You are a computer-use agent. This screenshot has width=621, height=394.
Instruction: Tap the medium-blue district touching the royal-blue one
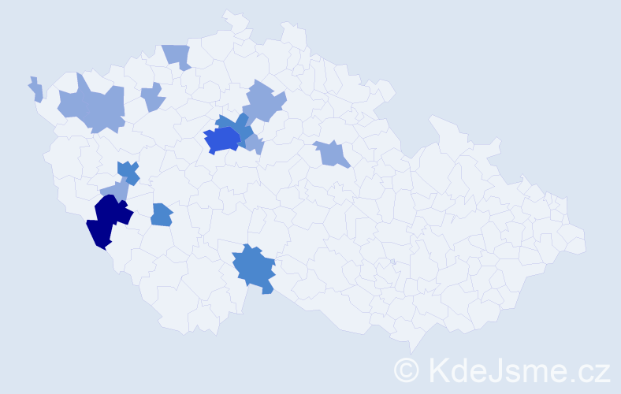click(240, 126)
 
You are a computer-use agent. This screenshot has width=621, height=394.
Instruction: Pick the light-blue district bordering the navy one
click(115, 191)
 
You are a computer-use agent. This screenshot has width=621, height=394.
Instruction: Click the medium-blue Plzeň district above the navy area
click(128, 171)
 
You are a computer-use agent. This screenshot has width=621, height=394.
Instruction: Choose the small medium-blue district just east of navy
click(161, 214)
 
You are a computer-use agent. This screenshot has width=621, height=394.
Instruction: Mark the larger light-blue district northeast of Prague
click(263, 102)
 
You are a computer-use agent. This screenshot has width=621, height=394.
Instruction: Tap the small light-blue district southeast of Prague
click(254, 144)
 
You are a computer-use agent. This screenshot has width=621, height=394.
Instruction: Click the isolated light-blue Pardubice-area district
click(332, 153)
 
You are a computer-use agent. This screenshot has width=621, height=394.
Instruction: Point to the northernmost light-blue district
click(178, 55)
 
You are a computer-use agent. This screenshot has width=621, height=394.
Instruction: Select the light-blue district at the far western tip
click(35, 89)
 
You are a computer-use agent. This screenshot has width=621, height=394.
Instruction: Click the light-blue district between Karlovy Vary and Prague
click(152, 98)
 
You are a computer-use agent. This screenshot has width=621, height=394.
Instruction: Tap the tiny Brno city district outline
click(392, 262)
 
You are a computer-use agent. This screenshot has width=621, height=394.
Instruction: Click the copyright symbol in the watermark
click(407, 370)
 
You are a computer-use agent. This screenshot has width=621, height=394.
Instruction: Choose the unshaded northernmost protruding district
click(235, 21)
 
